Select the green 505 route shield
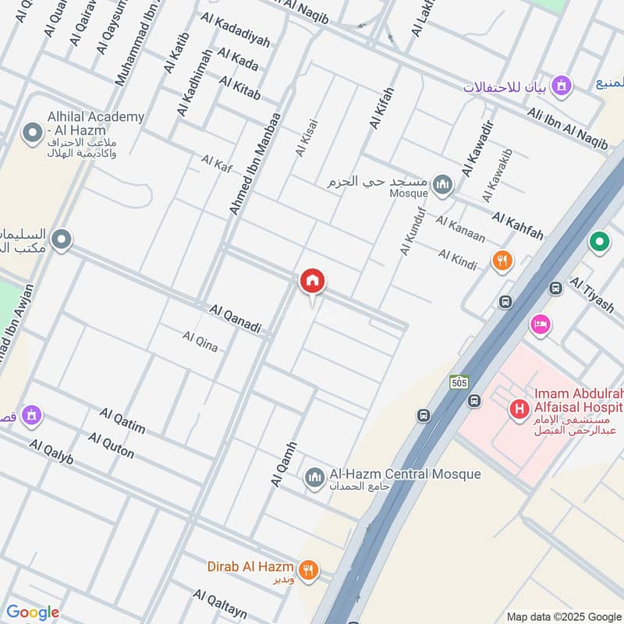tap(459, 382)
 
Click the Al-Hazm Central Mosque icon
tap(314, 477)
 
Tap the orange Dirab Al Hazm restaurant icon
tap(309, 570)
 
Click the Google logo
tap(32, 612)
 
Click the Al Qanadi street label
tap(235, 320)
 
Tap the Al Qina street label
tap(200, 341)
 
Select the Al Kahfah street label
tap(517, 225)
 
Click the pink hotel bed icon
tap(539, 323)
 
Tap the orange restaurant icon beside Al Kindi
tap(503, 261)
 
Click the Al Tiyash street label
tap(592, 294)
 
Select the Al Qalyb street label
tap(51, 452)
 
